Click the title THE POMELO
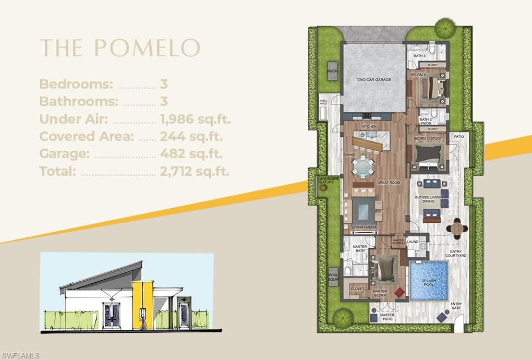[x=120, y=47]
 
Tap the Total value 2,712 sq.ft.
[x=194, y=171]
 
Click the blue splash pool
[x=428, y=281]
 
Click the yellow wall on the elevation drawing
[x=142, y=305]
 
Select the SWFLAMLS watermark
[x=20, y=355]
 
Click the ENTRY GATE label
[x=456, y=306]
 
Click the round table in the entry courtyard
[x=457, y=228]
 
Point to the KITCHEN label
[x=369, y=127]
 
